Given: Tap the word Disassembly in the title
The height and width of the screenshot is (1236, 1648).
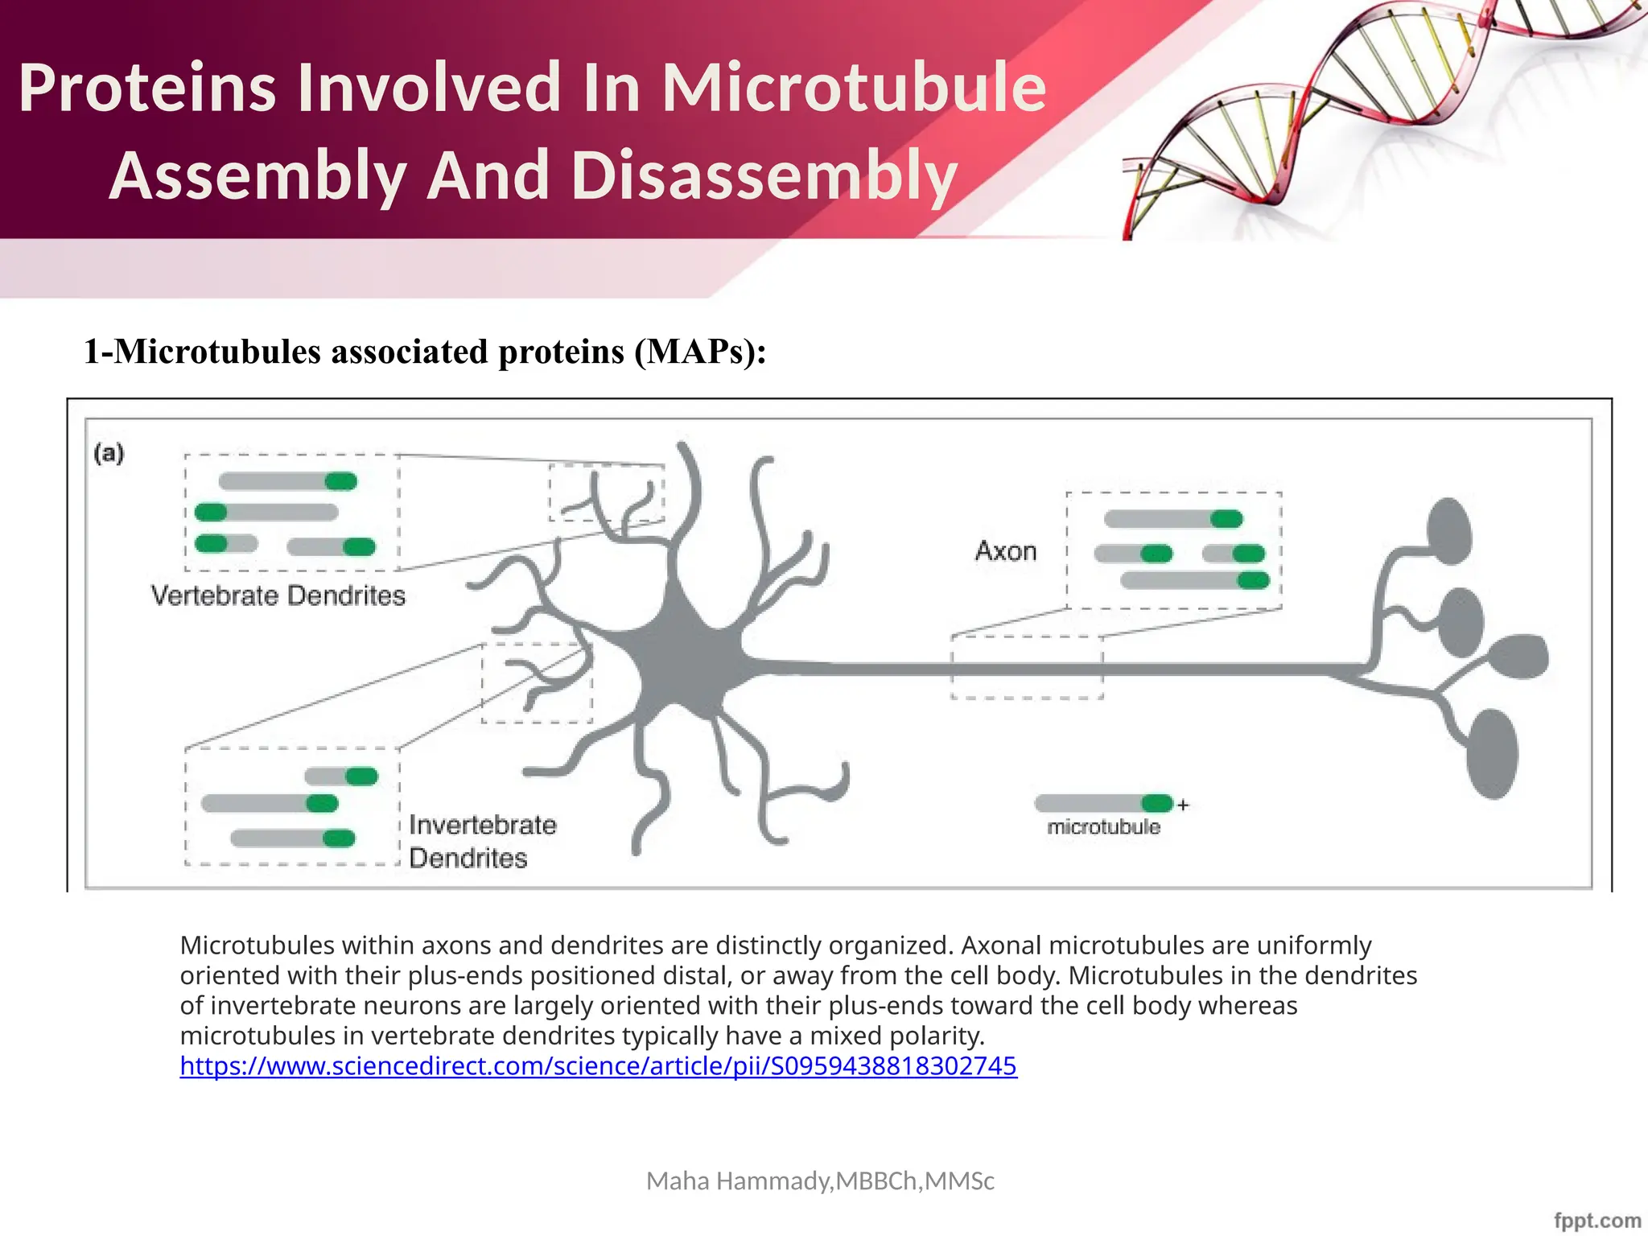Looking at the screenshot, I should [x=764, y=175].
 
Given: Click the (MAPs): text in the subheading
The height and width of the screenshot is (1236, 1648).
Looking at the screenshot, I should [x=700, y=352].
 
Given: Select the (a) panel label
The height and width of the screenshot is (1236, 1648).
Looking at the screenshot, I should [x=109, y=453].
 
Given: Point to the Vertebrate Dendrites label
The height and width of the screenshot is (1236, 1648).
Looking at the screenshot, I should [x=278, y=595].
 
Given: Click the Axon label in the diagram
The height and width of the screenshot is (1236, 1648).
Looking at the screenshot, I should [x=1006, y=551].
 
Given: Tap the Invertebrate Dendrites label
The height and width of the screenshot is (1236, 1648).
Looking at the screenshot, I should [x=481, y=841].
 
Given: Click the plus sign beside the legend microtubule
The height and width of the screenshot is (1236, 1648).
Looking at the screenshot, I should [x=1183, y=805].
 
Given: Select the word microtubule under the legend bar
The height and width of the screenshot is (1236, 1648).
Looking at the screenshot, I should [x=1103, y=827].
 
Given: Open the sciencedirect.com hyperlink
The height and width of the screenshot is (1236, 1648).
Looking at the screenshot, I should [x=598, y=1066].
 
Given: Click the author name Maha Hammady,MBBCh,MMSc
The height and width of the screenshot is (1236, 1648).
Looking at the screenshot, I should [x=820, y=1180].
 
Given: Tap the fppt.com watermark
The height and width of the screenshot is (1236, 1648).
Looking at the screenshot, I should [x=1596, y=1221].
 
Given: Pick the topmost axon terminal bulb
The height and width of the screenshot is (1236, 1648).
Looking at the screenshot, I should [x=1448, y=531].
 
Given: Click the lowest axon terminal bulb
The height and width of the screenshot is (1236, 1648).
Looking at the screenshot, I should [x=1493, y=753].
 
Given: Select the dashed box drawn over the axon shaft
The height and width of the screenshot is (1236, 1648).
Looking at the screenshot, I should [x=1027, y=667].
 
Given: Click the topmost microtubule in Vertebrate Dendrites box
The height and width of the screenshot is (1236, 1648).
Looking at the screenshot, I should [x=287, y=481].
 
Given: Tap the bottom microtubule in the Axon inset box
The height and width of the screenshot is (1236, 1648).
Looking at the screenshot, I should [x=1194, y=580].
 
